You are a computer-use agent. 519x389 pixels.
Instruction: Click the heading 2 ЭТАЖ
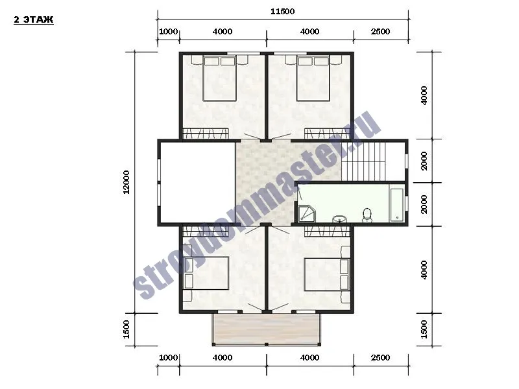(34, 20)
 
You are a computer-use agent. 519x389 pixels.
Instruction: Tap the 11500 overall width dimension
(282, 12)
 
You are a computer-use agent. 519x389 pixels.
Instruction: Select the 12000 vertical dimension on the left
(126, 182)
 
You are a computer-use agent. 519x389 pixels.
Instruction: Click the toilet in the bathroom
(367, 215)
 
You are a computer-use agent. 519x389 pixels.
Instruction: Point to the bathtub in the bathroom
(396, 205)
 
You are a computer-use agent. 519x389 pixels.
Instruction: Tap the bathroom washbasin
(339, 219)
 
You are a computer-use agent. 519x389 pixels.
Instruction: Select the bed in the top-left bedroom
(219, 78)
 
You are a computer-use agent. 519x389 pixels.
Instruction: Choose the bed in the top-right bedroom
(313, 78)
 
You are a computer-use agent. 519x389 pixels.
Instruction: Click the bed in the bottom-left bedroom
(206, 273)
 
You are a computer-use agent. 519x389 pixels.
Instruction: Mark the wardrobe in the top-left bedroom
(206, 134)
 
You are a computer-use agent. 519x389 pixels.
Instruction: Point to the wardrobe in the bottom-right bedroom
(328, 231)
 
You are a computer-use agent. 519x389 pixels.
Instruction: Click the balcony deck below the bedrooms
(267, 329)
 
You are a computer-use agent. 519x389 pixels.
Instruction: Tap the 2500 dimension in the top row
(380, 32)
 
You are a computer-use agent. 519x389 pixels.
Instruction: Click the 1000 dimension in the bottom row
(169, 358)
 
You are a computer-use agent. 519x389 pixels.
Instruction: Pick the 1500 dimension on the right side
(424, 329)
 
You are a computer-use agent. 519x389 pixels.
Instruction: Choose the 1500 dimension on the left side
(126, 329)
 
